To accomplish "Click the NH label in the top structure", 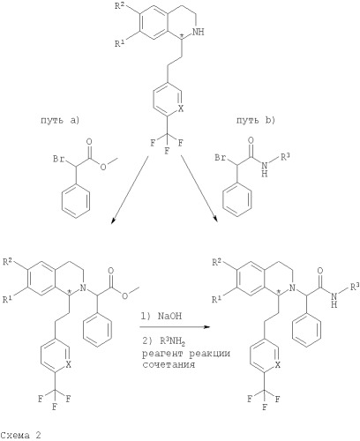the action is [198, 32].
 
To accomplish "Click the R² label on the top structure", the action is [120, 6].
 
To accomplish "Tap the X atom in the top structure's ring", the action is [181, 108].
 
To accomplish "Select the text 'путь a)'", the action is [60, 121].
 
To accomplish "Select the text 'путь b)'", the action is [256, 121].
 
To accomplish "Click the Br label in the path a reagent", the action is [59, 159].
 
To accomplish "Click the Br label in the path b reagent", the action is [221, 158].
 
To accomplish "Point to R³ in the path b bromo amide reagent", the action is [285, 157].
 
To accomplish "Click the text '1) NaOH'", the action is [161, 316].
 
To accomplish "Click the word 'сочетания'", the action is [169, 364].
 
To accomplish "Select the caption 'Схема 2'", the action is [20, 435].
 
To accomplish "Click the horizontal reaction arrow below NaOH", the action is [175, 327].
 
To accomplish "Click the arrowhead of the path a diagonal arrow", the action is [113, 221].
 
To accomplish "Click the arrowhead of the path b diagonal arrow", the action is [216, 219].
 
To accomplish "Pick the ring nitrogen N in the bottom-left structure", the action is [83, 288].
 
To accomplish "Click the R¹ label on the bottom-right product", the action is [216, 300].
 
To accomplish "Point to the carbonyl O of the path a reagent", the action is [89, 142].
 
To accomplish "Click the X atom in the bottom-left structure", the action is [68, 364].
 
